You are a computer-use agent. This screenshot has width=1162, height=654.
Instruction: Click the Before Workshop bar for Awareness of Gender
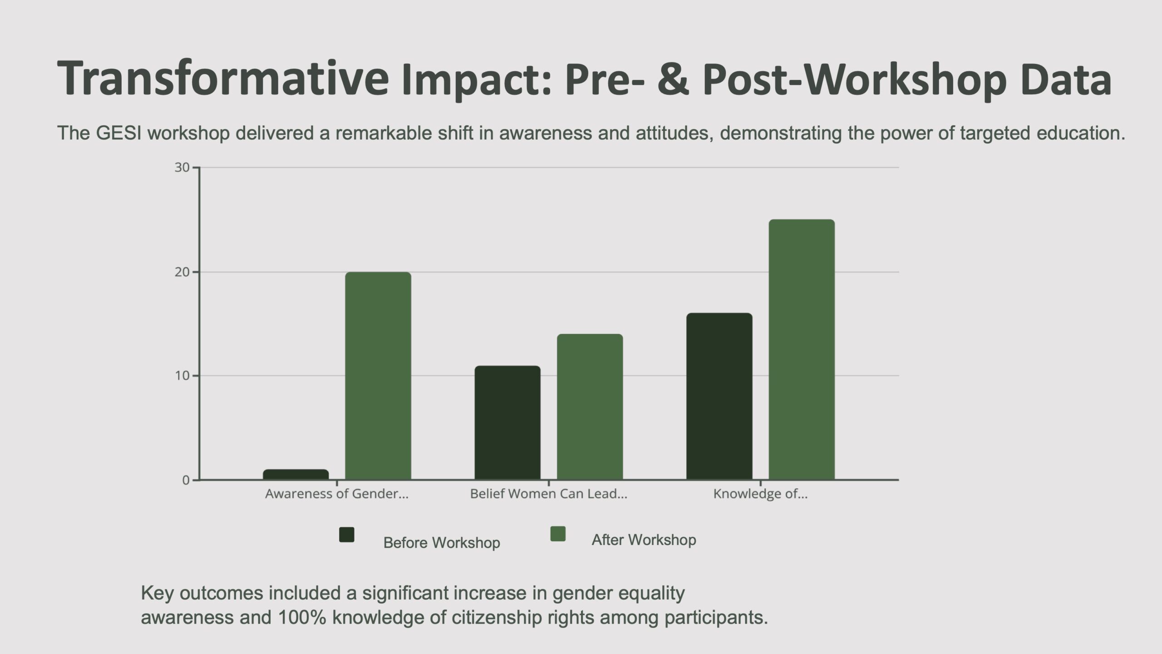[295, 475]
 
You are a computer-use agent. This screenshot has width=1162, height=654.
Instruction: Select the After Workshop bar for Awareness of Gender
[378, 376]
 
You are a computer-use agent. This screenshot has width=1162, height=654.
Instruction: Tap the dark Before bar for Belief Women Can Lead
[507, 422]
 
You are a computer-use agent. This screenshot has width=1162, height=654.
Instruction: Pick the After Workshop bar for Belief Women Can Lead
[590, 406]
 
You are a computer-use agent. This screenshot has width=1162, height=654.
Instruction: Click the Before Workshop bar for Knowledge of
[719, 396]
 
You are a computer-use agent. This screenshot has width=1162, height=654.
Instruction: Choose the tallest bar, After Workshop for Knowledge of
[801, 349]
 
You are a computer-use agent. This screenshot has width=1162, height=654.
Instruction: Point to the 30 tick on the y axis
[182, 168]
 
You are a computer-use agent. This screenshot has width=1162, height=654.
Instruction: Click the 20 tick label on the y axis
[182, 272]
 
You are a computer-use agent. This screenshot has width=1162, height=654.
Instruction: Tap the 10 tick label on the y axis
[182, 376]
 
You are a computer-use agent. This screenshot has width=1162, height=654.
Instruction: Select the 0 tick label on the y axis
[186, 480]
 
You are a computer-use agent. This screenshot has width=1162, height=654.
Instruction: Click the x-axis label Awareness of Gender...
[336, 494]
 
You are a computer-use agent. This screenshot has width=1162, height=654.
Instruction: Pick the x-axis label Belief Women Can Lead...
[548, 494]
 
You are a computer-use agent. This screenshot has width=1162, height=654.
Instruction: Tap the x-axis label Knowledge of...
[760, 494]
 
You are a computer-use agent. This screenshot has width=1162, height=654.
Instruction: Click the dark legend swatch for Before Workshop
[347, 535]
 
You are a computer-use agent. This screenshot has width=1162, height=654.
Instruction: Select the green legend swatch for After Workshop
[558, 534]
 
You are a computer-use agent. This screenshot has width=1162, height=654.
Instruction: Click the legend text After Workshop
[644, 540]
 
